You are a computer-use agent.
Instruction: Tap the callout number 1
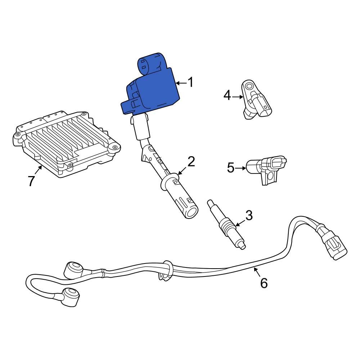click(191, 82)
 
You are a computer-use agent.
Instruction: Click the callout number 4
click(227, 95)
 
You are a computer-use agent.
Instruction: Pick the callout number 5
click(231, 167)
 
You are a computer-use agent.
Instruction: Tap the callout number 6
click(264, 283)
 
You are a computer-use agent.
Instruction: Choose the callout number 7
click(31, 181)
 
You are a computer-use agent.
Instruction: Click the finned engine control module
click(67, 144)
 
